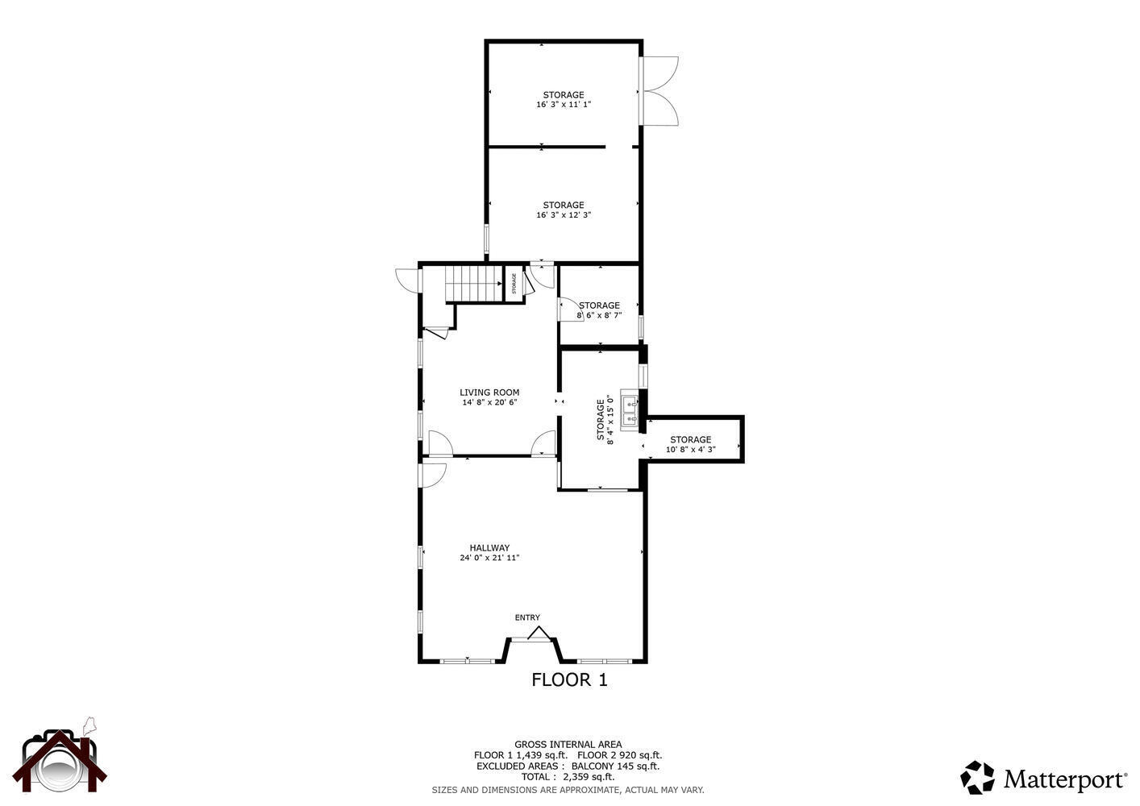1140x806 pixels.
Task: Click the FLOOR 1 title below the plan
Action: [569, 679]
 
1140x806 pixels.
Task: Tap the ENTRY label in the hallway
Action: [527, 617]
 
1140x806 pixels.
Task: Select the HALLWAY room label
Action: [489, 548]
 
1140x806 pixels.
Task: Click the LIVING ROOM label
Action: [489, 393]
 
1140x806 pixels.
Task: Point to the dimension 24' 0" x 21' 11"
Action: [489, 558]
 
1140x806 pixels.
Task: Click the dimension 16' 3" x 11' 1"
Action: [564, 105]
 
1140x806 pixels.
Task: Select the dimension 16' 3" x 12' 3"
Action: [564, 215]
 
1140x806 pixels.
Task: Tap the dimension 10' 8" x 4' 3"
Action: [690, 450]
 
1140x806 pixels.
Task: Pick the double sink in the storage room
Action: [629, 409]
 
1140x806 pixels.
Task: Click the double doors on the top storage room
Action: [660, 91]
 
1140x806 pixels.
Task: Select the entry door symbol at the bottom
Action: [538, 634]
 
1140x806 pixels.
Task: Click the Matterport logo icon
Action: [977, 778]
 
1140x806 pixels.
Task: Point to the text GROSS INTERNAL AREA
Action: [568, 744]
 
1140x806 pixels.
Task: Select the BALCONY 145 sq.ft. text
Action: [615, 766]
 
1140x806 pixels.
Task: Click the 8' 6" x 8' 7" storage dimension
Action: [599, 315]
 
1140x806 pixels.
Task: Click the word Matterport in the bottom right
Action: [1065, 779]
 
